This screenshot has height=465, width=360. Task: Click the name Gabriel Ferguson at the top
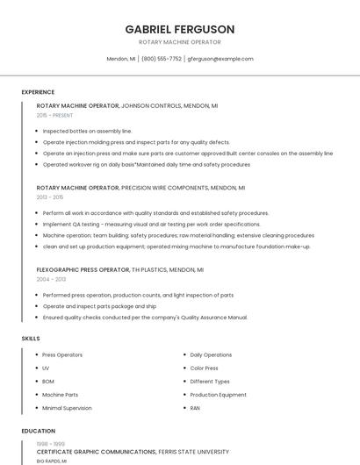pos(179,29)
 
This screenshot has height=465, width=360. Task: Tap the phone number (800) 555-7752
pos(162,59)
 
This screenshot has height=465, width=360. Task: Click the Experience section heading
pos(38,92)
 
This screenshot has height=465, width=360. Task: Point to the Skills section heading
pos(31,338)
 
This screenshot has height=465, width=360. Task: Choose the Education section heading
pos(39,431)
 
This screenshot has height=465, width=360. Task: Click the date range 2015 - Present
pos(54,115)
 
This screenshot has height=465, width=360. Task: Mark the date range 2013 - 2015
pos(51,197)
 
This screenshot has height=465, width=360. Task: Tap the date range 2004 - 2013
pos(51,279)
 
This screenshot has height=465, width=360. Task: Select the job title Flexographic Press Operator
pos(77,269)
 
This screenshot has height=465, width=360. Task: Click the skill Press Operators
pos(62,354)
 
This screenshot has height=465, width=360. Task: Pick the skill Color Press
pos(204,368)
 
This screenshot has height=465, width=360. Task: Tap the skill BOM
pos(48,381)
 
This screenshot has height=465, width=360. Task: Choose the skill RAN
pos(195,408)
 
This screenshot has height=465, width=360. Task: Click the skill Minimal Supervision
pos(67,408)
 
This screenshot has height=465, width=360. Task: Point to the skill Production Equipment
pos(218,395)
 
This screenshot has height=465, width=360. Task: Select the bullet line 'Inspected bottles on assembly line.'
pos(87,131)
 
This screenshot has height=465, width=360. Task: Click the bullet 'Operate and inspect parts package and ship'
pos(99,306)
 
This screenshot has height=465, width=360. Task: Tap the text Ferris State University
pos(194,451)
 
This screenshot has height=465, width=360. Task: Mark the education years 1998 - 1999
pos(50,444)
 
